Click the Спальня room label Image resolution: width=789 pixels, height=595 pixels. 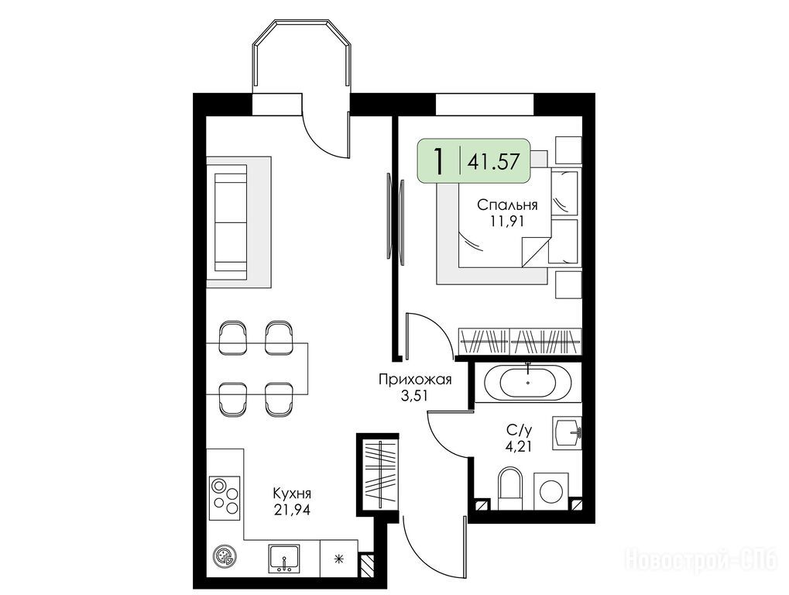click(x=507, y=205)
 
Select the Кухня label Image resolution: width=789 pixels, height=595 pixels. click(x=292, y=492)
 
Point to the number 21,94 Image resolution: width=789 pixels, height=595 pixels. click(x=292, y=510)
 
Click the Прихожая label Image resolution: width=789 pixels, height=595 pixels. click(x=415, y=379)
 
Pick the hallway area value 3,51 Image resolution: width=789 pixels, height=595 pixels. click(x=414, y=396)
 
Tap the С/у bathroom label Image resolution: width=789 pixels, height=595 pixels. click(x=519, y=430)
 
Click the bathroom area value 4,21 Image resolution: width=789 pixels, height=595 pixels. click(x=519, y=445)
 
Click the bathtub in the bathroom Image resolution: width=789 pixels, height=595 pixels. click(x=528, y=382)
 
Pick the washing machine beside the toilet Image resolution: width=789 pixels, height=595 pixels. click(x=551, y=490)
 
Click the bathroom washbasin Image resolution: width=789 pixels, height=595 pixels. click(x=567, y=432)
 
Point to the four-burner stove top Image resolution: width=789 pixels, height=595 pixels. click(x=225, y=495)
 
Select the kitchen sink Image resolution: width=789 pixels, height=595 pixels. click(x=284, y=559)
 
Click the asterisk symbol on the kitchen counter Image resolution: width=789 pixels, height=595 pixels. click(x=339, y=558)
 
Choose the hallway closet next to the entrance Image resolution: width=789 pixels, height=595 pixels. click(x=380, y=474)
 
